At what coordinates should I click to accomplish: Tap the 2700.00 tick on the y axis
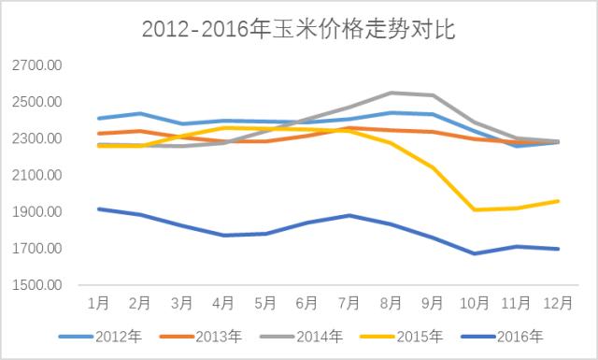(x=38, y=65)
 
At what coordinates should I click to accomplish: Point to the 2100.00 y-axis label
(x=38, y=176)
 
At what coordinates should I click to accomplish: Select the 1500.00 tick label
(x=38, y=285)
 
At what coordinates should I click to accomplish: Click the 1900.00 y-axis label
(x=38, y=212)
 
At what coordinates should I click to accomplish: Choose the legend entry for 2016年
(x=523, y=336)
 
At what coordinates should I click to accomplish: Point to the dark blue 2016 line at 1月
(x=98, y=209)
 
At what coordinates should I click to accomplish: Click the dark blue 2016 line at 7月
(x=348, y=215)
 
